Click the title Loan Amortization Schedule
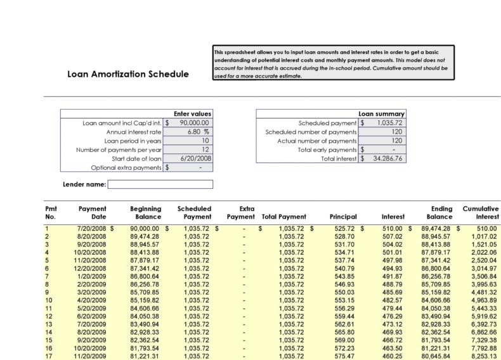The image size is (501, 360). point(127,74)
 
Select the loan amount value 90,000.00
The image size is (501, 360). point(195,123)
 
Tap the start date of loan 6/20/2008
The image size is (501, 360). point(195,158)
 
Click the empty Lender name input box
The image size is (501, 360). point(160,184)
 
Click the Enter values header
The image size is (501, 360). point(193,113)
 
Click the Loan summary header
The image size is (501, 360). point(382,113)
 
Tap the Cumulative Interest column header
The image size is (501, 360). point(480,212)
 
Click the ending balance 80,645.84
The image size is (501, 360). point(434,356)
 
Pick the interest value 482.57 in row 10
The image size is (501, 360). point(391,300)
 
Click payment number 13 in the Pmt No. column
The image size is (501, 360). point(48,324)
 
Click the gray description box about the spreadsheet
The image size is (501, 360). point(334,63)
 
